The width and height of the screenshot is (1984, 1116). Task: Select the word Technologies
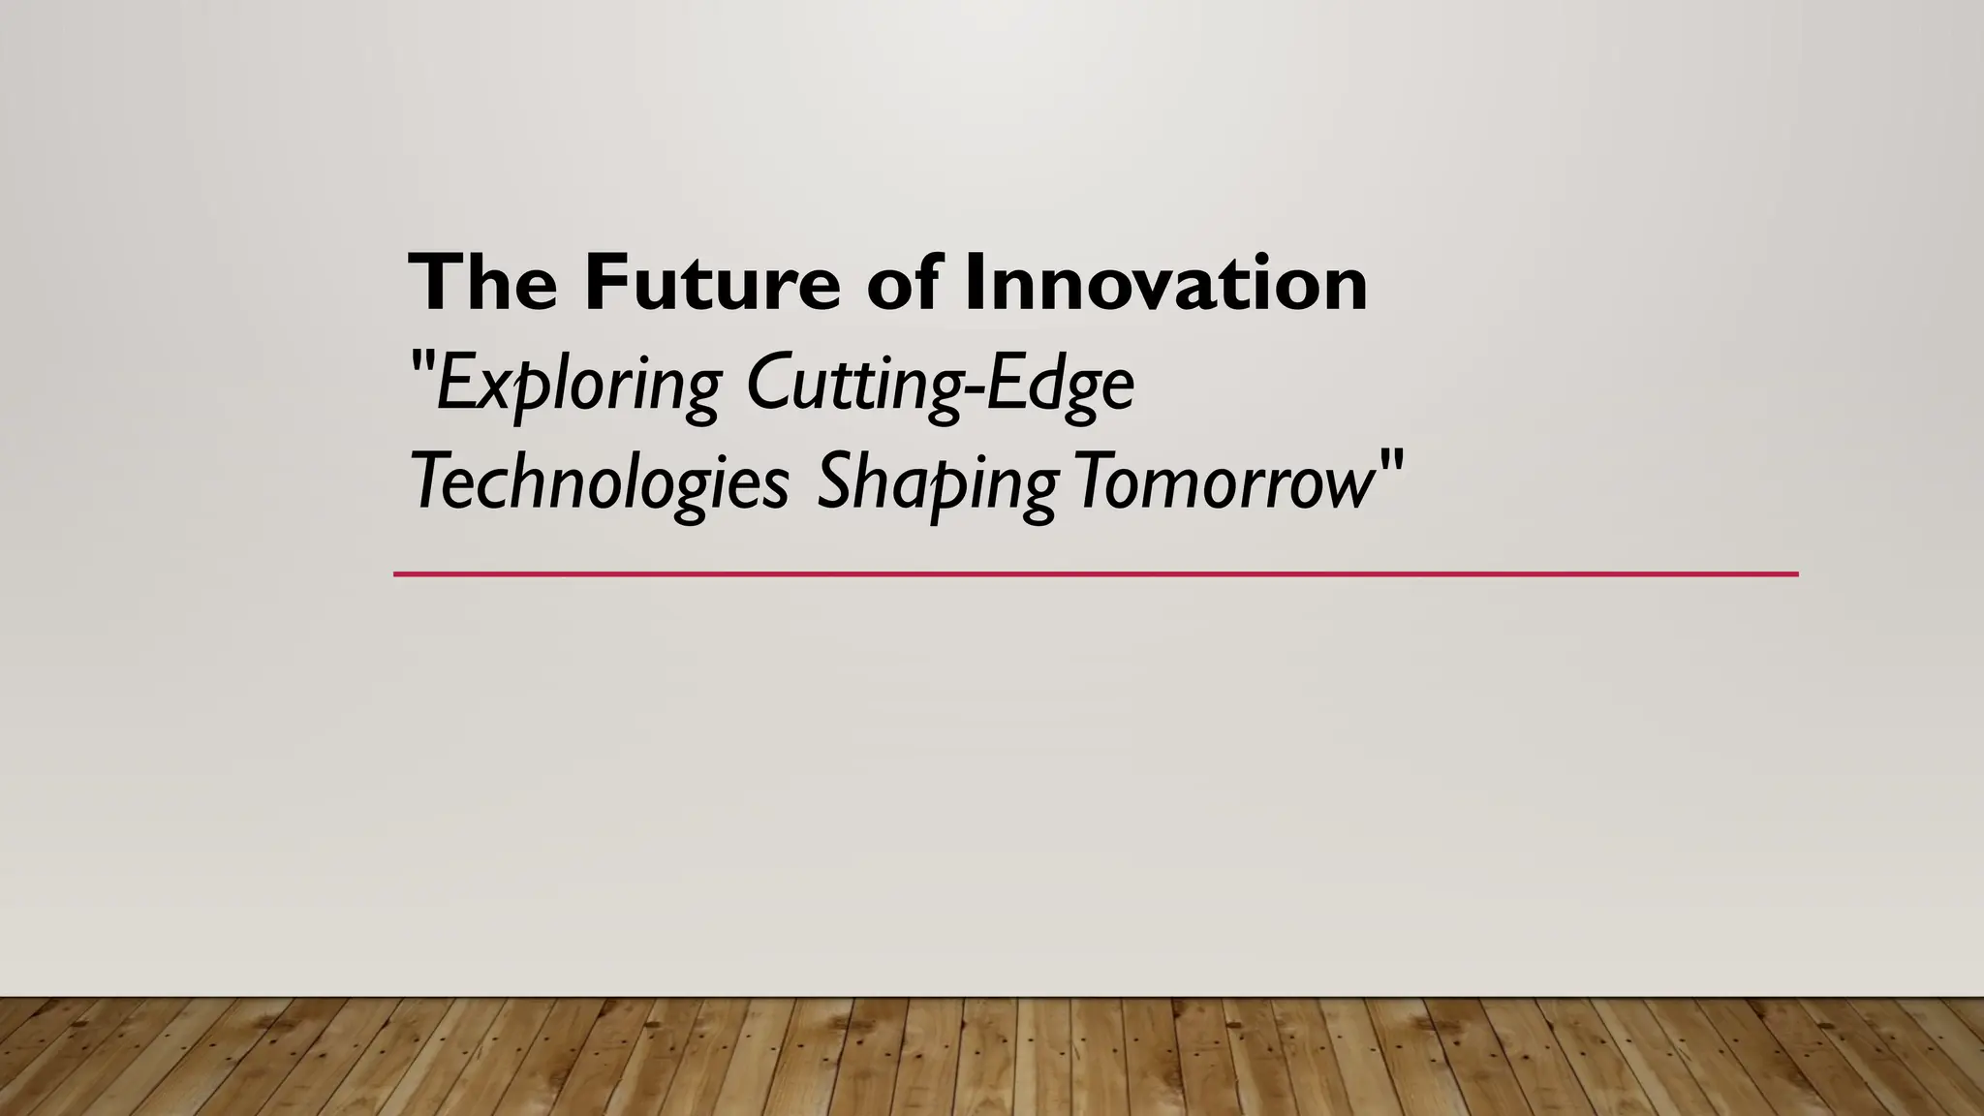600,483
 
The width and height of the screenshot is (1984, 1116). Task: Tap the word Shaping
936,483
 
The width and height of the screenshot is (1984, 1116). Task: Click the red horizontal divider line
1095,574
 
